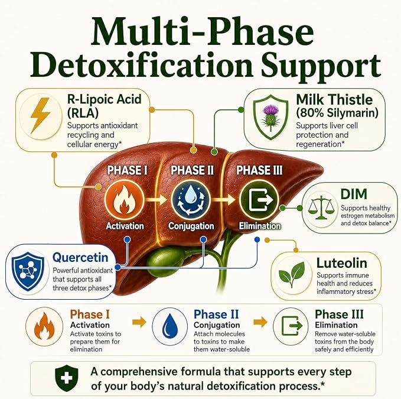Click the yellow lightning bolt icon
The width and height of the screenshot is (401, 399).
click(40, 116)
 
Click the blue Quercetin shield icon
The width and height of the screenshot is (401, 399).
click(28, 271)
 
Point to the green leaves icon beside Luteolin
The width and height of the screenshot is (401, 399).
click(291, 274)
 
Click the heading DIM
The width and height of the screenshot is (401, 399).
click(354, 194)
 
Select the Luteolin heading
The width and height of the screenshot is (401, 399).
click(342, 263)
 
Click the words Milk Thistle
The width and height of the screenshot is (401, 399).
click(334, 99)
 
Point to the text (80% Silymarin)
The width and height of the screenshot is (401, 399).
click(337, 113)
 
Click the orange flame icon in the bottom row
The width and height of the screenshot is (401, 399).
click(44, 326)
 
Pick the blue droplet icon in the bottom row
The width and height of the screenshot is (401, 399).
click(170, 326)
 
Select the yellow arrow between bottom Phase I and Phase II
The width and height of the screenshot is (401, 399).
click(139, 322)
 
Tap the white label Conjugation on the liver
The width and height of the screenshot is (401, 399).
click(191, 226)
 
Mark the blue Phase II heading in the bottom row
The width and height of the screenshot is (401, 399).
click(216, 314)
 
